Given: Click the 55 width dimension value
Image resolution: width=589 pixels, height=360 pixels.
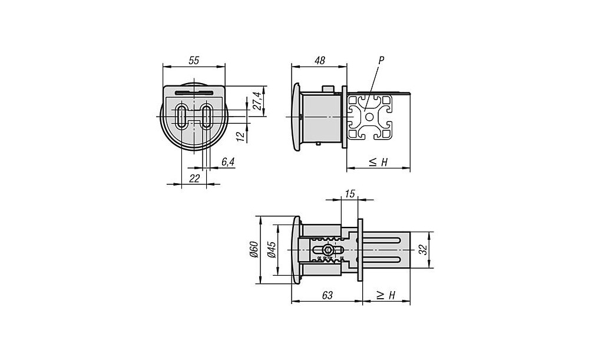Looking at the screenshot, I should click(x=194, y=60).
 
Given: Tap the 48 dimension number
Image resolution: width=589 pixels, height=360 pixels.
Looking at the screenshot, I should click(x=320, y=60).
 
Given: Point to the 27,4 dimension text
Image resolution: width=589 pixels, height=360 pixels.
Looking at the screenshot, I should click(x=257, y=101).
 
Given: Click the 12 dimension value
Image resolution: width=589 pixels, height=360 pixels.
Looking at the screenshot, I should click(x=240, y=136).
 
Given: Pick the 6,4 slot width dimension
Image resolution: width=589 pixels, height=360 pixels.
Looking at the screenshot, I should click(x=228, y=162).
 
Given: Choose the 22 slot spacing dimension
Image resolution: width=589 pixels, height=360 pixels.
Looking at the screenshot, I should click(x=194, y=178).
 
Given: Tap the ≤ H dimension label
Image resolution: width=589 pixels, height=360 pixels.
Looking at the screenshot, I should click(x=378, y=162).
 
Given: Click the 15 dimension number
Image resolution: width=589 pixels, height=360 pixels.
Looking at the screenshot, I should click(x=350, y=194).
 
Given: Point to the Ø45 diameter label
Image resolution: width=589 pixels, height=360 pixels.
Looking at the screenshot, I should click(x=272, y=250).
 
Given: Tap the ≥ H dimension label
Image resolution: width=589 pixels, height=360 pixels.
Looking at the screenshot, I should click(x=386, y=296).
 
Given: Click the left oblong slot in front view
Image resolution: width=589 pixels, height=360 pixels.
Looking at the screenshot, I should click(x=182, y=116).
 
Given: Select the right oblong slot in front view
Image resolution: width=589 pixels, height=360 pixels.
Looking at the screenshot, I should click(x=207, y=116).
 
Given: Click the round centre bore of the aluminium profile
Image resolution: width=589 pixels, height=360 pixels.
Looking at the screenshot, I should click(x=369, y=117).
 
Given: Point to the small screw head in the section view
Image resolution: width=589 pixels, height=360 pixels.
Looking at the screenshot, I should click(x=327, y=250).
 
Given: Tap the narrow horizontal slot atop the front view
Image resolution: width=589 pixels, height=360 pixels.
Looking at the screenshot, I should click(x=194, y=93).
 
